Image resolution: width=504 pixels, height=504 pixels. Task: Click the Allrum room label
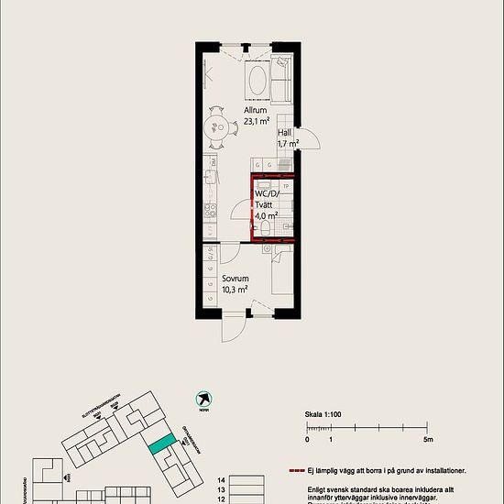pyautogui.click(x=256, y=110)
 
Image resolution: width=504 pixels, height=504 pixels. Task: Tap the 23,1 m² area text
pyautogui.click(x=256, y=120)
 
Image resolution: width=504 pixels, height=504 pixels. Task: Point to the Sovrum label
pyautogui.click(x=235, y=278)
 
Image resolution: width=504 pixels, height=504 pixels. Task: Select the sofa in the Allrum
pyautogui.click(x=280, y=81)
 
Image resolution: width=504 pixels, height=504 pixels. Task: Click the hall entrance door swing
pyautogui.click(x=310, y=140)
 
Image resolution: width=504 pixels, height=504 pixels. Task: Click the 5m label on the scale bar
pyautogui.click(x=428, y=440)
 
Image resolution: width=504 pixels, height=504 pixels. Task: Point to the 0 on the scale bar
pyautogui.click(x=307, y=440)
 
